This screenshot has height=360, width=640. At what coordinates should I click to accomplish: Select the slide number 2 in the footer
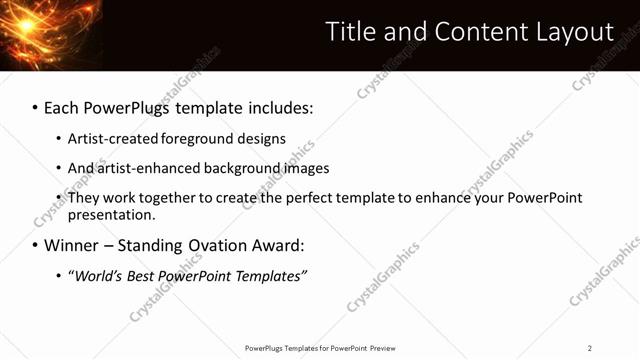point(589,348)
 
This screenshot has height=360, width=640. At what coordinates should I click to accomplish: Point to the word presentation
point(110,215)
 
